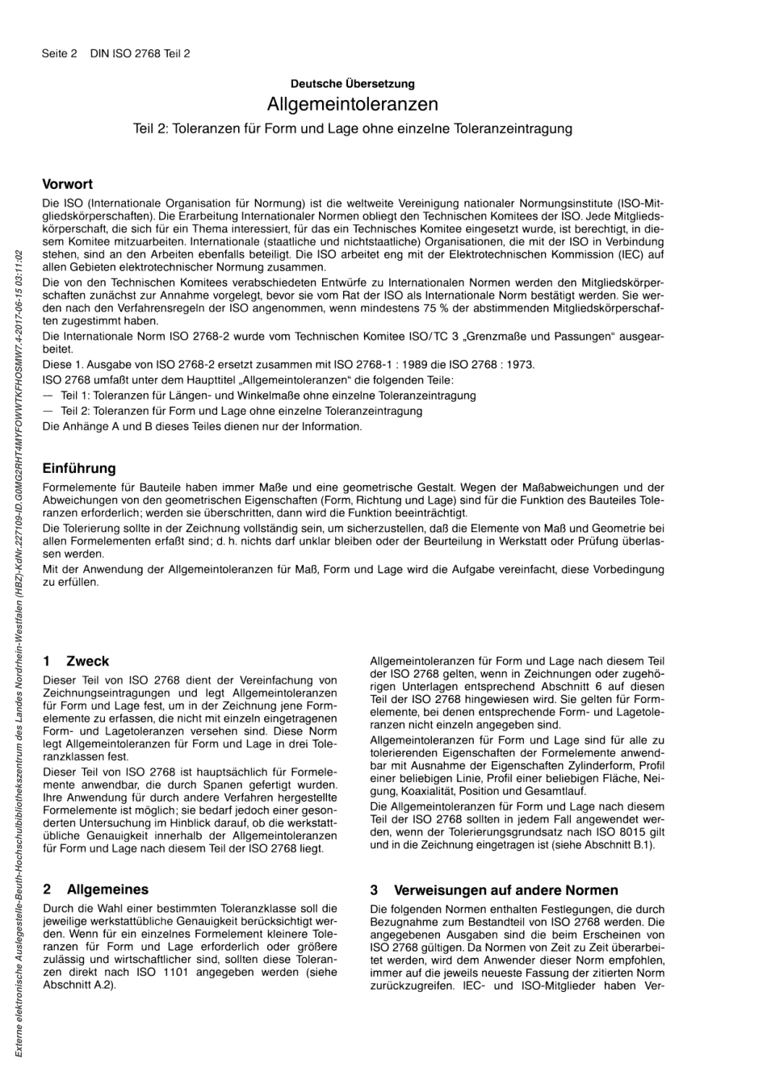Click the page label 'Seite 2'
59,54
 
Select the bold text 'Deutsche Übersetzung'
353,83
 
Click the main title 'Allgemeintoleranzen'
353,104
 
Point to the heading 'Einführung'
79,468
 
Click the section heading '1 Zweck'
76,661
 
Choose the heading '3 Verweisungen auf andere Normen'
494,890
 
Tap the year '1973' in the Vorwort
518,365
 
